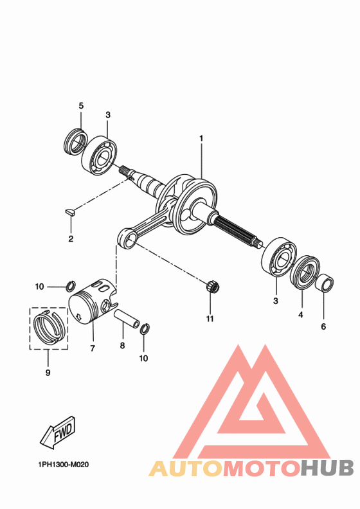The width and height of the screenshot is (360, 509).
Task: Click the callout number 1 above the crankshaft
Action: click(201, 138)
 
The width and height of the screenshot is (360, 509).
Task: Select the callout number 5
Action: click(81, 105)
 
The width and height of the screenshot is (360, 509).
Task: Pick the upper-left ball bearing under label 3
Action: click(100, 155)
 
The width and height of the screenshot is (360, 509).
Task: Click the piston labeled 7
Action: click(91, 304)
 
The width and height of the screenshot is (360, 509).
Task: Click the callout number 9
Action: click(48, 371)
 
